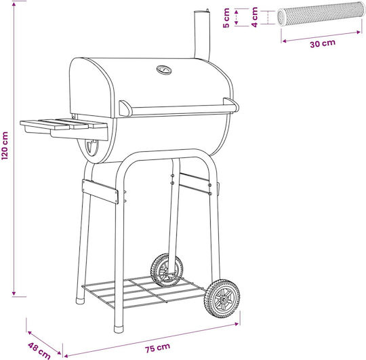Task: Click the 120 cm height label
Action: point(5,146)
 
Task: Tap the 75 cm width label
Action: point(157,348)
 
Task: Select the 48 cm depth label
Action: point(39,351)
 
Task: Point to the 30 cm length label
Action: point(323,43)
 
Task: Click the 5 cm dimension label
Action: point(226,18)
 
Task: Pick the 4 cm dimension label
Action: point(255,17)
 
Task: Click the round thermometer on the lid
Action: point(164,70)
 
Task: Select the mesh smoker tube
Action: point(321,14)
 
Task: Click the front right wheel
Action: point(222,298)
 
